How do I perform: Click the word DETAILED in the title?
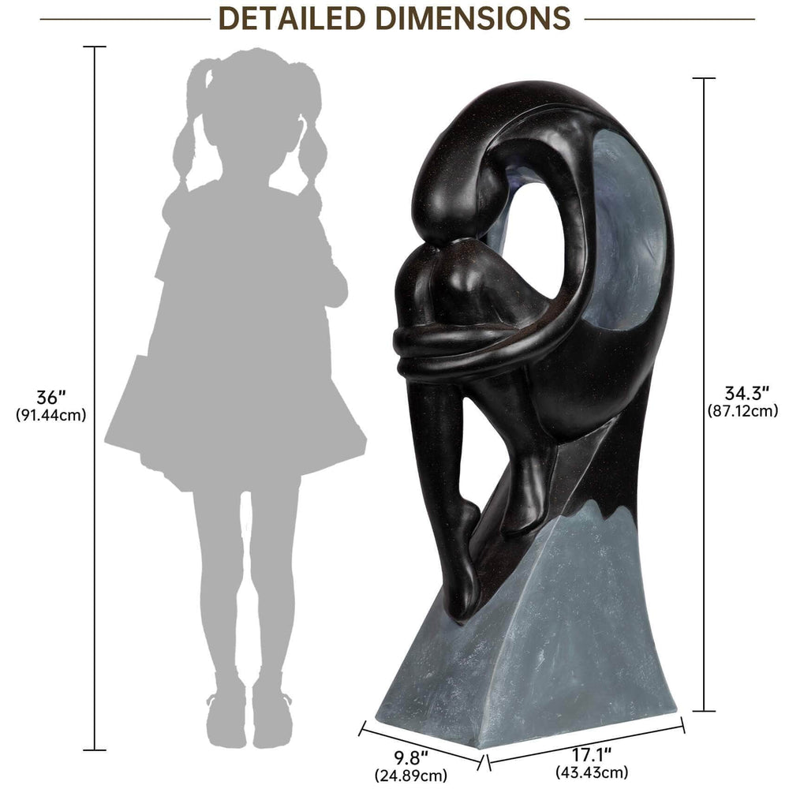(x=292, y=19)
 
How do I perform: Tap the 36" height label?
(x=50, y=398)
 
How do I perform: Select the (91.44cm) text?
(x=50, y=415)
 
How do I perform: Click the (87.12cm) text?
(x=742, y=410)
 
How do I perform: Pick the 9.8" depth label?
(x=410, y=755)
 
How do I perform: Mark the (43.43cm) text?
(x=592, y=772)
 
